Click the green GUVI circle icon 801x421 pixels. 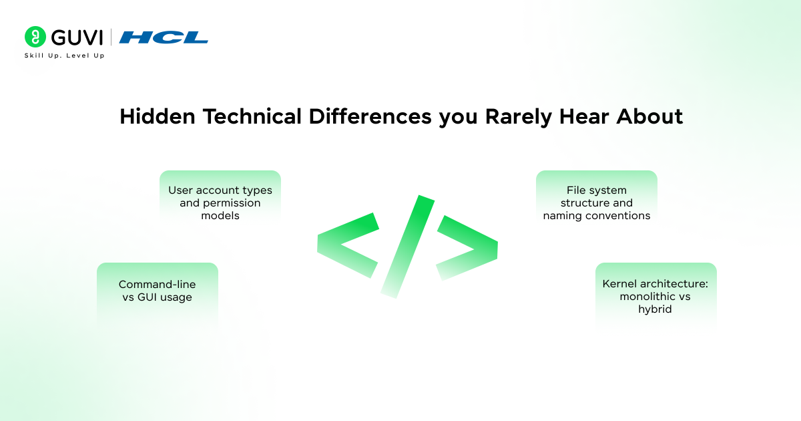tap(35, 37)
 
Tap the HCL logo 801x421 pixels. tap(164, 37)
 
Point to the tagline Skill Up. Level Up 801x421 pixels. tap(64, 55)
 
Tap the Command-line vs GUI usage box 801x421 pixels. tap(158, 291)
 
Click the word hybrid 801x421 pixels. tap(655, 309)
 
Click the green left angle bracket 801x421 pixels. tap(347, 245)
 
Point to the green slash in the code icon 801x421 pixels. tap(408, 245)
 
